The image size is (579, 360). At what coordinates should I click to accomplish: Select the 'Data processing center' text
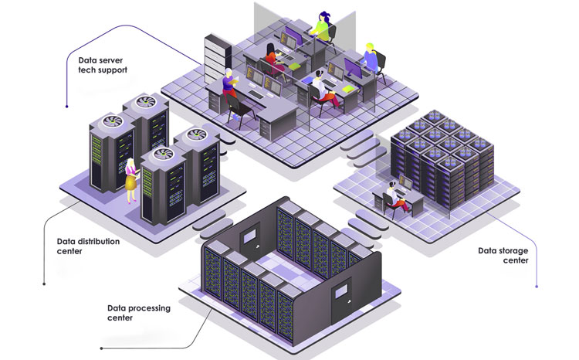pos(138,313)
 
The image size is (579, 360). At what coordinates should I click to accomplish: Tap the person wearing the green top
pos(321,24)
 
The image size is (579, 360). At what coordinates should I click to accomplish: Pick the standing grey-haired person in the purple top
pos(229,84)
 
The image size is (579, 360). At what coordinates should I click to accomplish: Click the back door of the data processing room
pos(251,242)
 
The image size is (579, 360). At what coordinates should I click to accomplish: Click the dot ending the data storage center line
pos(536,287)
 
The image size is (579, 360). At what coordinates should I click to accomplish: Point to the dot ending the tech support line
pos(67,106)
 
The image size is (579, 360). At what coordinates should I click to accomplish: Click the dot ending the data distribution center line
pos(45,283)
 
